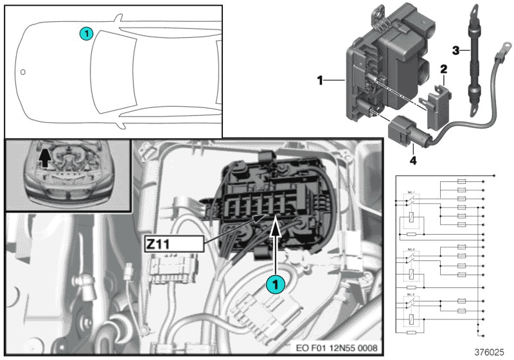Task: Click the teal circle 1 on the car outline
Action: (87, 32)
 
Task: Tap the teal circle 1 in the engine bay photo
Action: (275, 282)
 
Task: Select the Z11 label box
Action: (173, 244)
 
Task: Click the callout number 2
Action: (443, 68)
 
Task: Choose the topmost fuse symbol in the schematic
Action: (461, 183)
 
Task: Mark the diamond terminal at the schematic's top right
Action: (493, 175)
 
